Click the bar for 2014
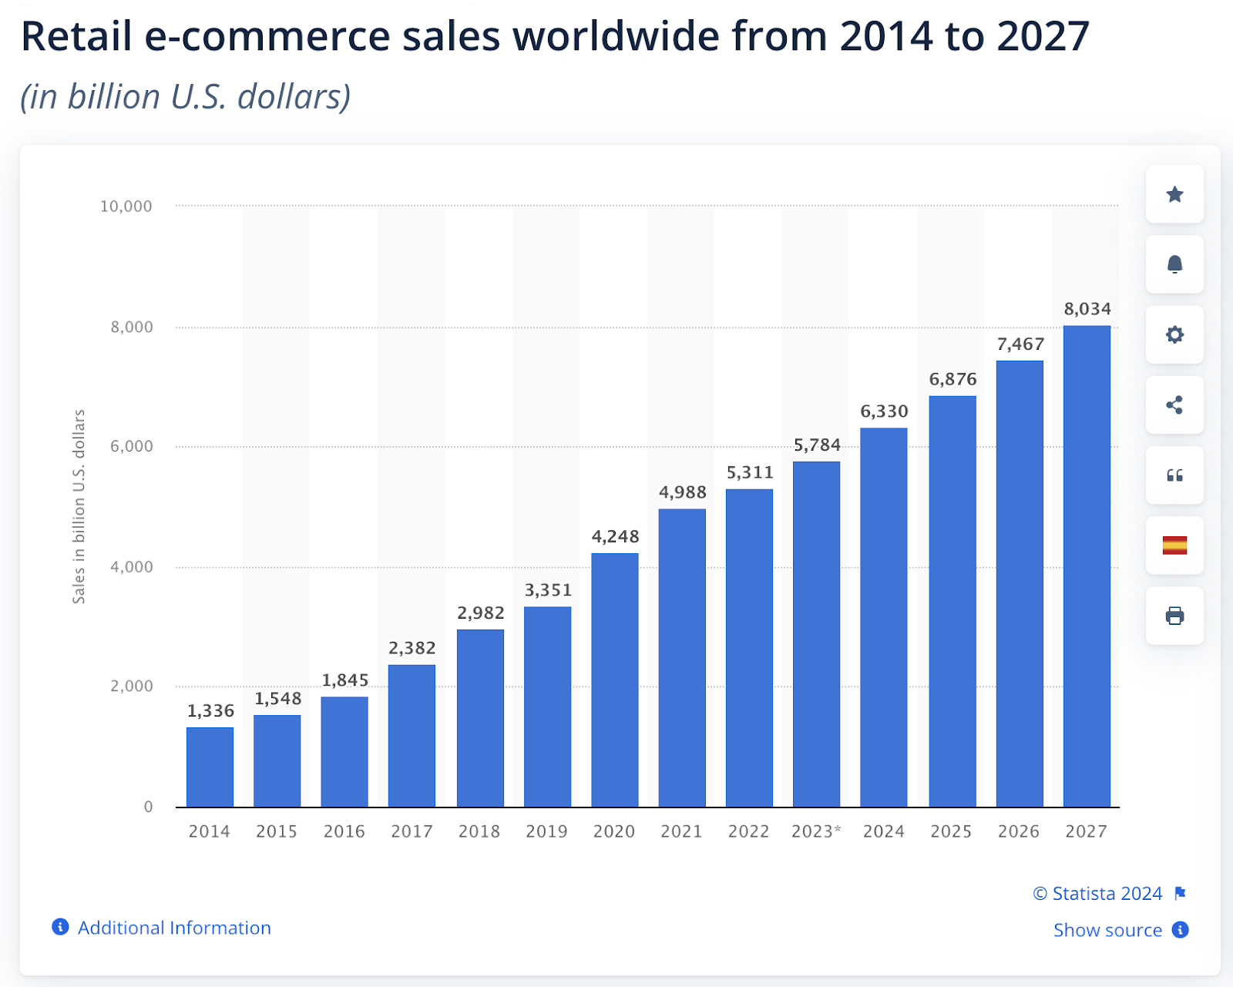pos(210,767)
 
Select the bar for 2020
pos(615,680)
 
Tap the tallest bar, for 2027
pos(1087,566)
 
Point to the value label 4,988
pos(682,492)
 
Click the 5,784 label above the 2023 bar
pos(817,445)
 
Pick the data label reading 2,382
pos(412,648)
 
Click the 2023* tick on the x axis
pos(816,831)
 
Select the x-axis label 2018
pos(479,831)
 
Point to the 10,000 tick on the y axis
pos(126,206)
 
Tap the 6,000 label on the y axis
pos(132,446)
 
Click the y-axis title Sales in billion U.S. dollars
pos(79,506)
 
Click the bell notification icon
pos(1174,264)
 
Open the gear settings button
pos(1174,334)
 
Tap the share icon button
pos(1174,405)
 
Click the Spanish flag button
pos(1174,546)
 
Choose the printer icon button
pos(1174,616)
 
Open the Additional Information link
pos(174,928)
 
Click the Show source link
pos(1107,930)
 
